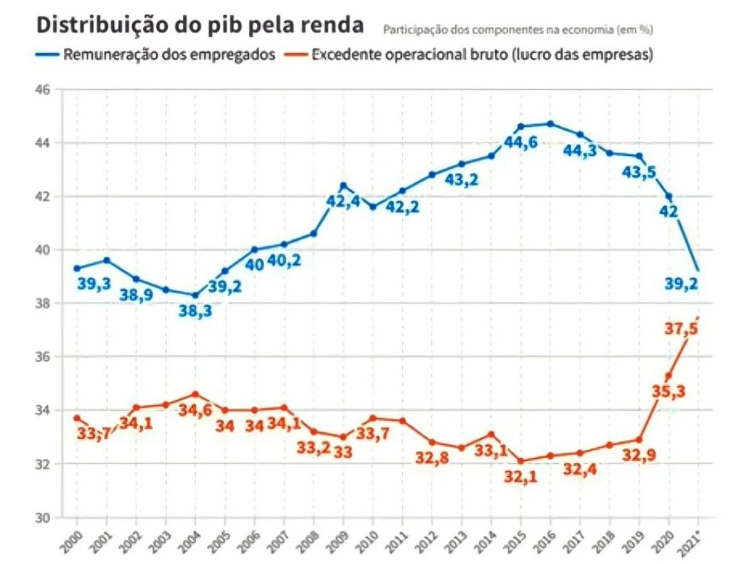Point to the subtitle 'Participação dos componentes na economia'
[x=518, y=31]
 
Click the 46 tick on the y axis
[x=43, y=90]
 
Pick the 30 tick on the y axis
[x=43, y=518]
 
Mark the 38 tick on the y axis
[x=43, y=303]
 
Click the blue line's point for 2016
[x=550, y=124]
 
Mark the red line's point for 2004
[x=195, y=394]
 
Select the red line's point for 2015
[x=520, y=461]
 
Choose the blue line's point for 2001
[x=106, y=260]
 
